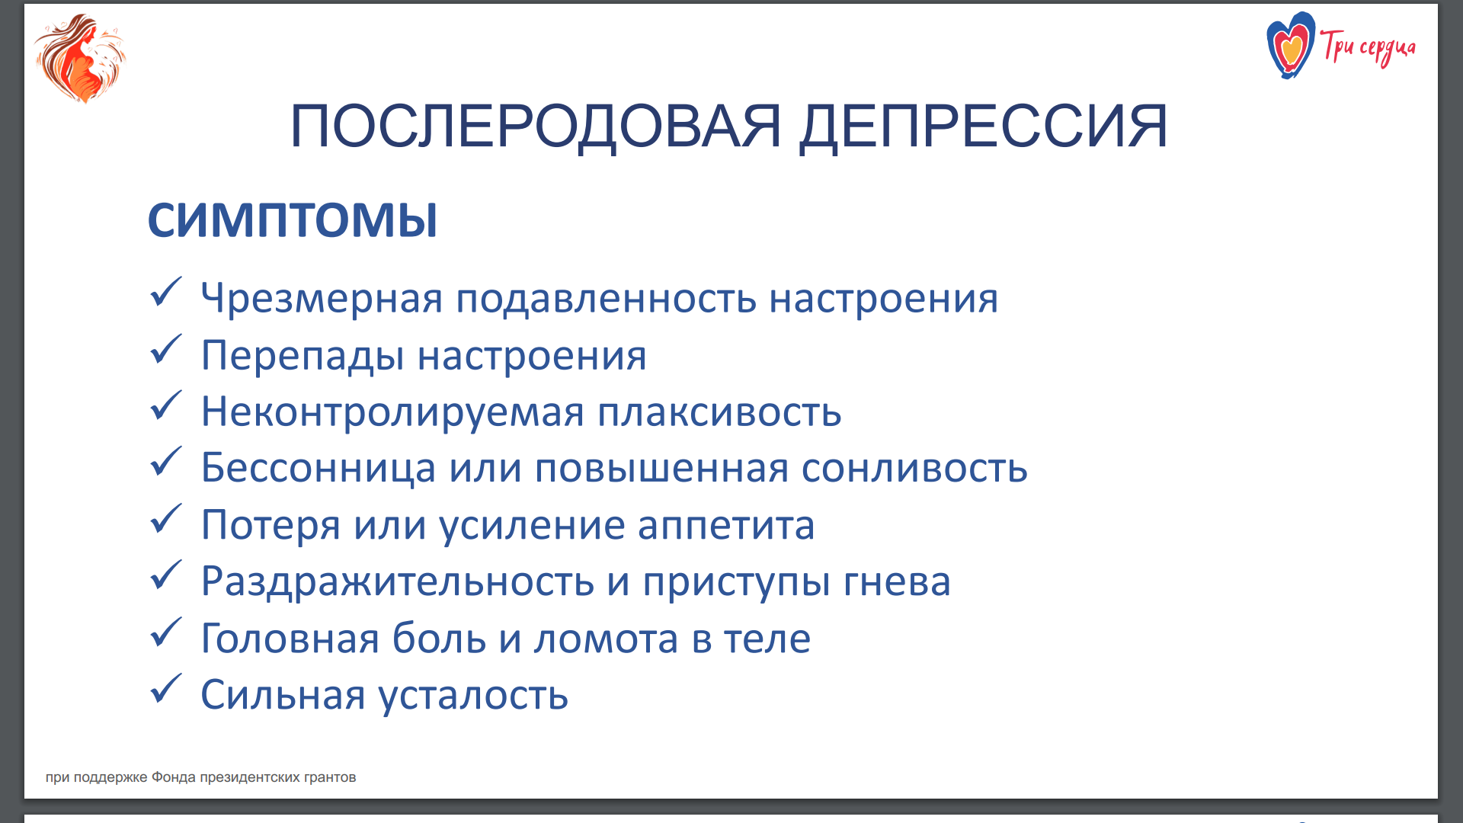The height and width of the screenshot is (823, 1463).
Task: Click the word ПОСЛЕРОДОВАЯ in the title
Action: [536, 126]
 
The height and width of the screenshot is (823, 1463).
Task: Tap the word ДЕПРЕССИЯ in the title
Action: [984, 126]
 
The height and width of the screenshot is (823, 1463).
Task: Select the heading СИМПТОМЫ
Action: [293, 220]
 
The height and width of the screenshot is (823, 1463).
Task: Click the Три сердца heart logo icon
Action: [1291, 46]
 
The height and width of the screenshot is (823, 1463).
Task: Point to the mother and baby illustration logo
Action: [80, 59]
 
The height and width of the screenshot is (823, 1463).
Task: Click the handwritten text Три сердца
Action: [1369, 48]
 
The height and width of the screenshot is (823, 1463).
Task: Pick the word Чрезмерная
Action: [322, 298]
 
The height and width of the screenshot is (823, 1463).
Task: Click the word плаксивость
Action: [719, 411]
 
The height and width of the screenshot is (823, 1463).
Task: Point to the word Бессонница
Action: [319, 467]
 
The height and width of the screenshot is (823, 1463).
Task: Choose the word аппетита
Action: [726, 525]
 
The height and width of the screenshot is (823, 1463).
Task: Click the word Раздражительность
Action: [398, 581]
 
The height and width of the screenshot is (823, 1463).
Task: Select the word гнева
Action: [897, 581]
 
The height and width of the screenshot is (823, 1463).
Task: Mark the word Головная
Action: [290, 639]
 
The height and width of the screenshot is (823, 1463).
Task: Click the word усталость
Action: [473, 695]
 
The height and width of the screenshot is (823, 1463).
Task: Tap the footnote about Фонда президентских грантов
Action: [201, 777]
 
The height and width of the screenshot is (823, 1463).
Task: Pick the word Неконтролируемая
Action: [392, 412]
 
